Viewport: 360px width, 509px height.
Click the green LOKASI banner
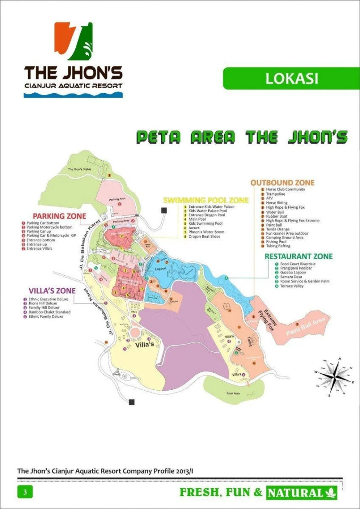[x=291, y=78]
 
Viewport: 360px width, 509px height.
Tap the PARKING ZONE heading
[x=59, y=216]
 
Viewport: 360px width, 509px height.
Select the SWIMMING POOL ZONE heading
[x=205, y=200]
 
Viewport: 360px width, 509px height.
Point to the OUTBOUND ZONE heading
[x=282, y=183]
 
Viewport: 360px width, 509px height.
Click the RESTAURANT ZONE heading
[x=298, y=256]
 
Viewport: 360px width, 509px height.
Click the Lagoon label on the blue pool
[x=161, y=269]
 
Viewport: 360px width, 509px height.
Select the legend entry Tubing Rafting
[x=278, y=246]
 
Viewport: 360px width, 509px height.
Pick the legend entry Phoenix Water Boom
[x=206, y=232]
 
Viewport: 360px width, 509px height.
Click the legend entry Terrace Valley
[x=292, y=286]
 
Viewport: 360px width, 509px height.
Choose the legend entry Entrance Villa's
[x=40, y=249]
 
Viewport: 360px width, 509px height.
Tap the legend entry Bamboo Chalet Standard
[x=49, y=312]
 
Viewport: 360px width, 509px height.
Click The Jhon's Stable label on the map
[x=79, y=169]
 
